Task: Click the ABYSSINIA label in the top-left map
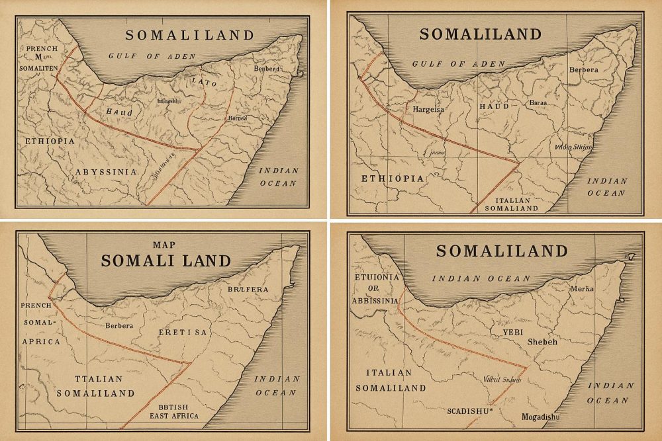[x=106, y=172]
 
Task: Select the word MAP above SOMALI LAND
[x=164, y=245]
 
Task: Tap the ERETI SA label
[x=183, y=332]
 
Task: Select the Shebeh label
[x=543, y=342]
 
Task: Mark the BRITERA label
[x=248, y=289]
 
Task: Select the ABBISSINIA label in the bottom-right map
[x=377, y=301]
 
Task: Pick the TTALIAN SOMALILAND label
[x=95, y=385]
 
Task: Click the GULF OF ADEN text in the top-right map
[x=458, y=64]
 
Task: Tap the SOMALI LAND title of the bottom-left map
[x=165, y=261]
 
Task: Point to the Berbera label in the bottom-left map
[x=119, y=325]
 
